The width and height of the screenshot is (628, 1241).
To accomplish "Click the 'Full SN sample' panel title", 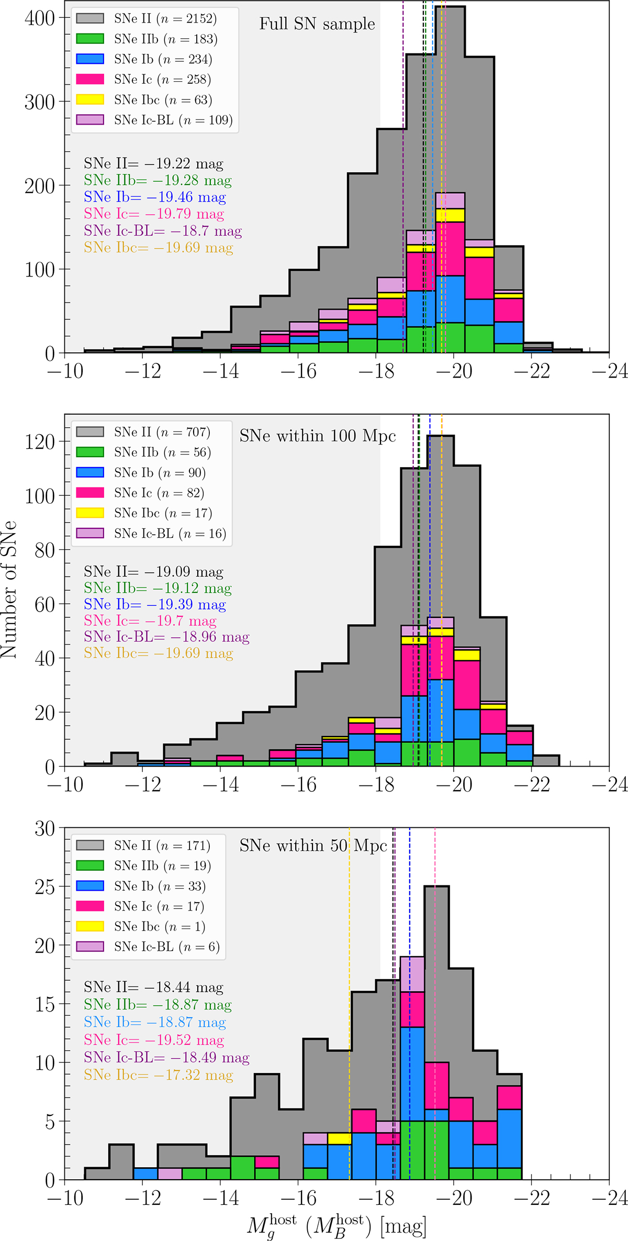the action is tap(317, 24).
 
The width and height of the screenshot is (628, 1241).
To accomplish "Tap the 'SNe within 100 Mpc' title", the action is tap(318, 436).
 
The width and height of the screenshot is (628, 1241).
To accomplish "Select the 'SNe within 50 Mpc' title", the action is tap(313, 846).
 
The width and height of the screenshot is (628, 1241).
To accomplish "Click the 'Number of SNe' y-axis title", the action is tap(9, 590).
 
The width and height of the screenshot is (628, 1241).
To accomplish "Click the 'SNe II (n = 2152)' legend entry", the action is tap(147, 18).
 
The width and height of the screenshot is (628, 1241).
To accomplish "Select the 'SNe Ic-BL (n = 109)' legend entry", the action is tap(154, 120).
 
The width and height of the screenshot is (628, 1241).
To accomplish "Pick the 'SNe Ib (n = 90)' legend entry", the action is tap(141, 472).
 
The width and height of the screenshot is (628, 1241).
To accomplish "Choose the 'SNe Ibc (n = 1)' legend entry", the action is tap(141, 926).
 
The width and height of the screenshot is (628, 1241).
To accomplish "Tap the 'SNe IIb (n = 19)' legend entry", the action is tap(144, 866).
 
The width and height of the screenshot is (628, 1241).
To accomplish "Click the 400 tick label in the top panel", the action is tap(39, 18).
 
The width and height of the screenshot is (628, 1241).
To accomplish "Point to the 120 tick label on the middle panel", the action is tap(39, 441).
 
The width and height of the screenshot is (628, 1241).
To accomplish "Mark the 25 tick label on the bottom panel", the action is tap(44, 887).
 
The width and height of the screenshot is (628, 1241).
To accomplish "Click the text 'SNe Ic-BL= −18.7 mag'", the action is tap(163, 230).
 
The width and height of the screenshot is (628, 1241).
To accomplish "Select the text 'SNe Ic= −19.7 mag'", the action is tap(150, 621).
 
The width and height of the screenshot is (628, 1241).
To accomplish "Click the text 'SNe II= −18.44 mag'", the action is tap(153, 987).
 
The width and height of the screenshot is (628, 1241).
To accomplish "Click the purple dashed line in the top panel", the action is tap(403, 177).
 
